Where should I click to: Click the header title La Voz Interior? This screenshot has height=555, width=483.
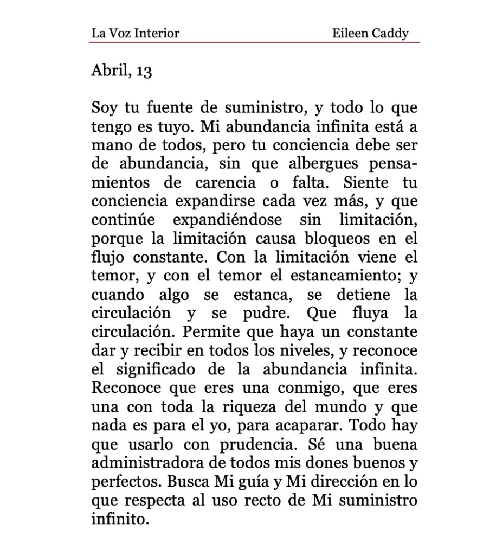tap(135, 34)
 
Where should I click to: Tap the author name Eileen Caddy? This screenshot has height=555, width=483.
tap(370, 34)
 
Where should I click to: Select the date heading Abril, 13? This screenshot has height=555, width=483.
tap(121, 71)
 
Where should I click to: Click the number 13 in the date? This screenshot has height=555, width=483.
tap(144, 72)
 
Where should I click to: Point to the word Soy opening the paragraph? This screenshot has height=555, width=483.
tap(104, 107)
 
